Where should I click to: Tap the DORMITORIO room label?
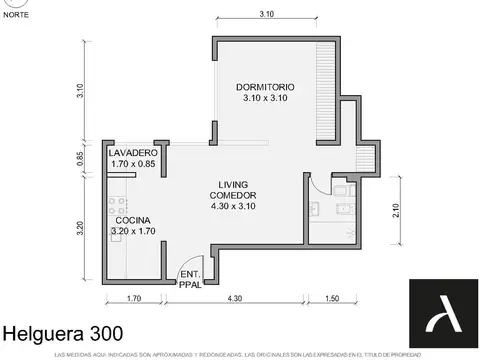point(265,85)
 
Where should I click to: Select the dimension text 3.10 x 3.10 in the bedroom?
point(265,98)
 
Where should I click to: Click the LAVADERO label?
point(133,152)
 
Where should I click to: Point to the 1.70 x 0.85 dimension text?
point(133,164)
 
